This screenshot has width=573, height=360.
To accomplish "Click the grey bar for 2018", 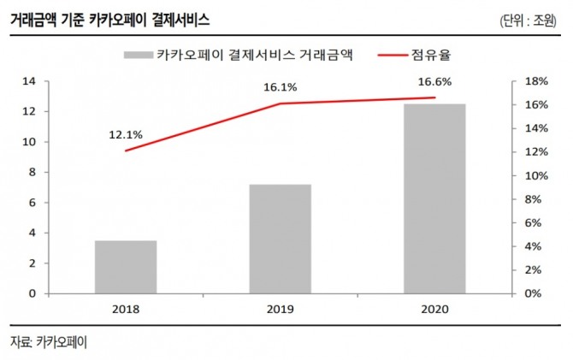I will pyautogui.click(x=126, y=267).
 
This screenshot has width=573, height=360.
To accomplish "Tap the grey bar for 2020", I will pyautogui.click(x=434, y=198).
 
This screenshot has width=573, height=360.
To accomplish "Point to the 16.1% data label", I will pyautogui.click(x=280, y=86).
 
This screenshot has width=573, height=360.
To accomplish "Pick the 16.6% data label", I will pyautogui.click(x=434, y=81).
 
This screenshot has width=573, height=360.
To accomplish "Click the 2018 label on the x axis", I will pyautogui.click(x=126, y=310).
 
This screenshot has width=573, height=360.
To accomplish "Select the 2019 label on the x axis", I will pyautogui.click(x=281, y=310).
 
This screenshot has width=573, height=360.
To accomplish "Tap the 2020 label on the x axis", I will pyautogui.click(x=434, y=310).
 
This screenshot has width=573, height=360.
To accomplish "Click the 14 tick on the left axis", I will pyautogui.click(x=28, y=81).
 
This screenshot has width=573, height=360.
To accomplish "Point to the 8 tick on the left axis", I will pyautogui.click(x=32, y=172).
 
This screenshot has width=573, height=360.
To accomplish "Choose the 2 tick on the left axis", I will pyautogui.click(x=32, y=263).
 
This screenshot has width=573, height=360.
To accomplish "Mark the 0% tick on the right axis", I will pyautogui.click(x=532, y=293).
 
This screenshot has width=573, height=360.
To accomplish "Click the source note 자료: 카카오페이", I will pyautogui.click(x=49, y=342).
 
